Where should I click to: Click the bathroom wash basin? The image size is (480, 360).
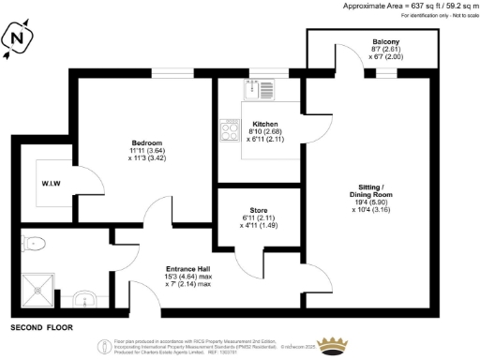click(86, 301)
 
